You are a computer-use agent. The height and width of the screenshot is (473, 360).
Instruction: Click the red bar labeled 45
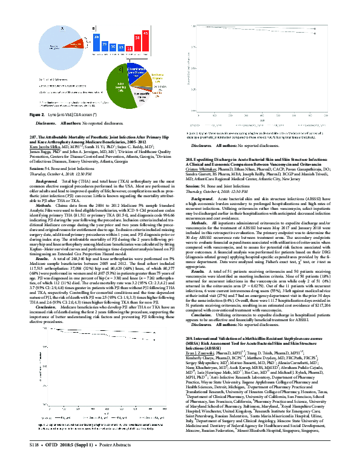coord(145,42)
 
